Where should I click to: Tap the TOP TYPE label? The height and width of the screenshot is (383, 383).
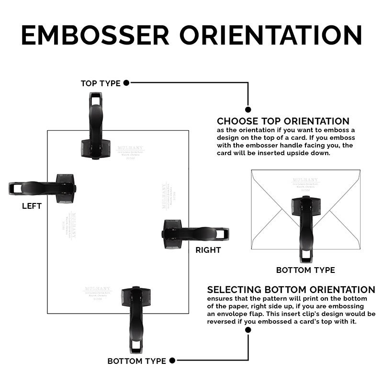click(x=101, y=83)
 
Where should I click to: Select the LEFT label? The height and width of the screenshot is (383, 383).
click(x=32, y=206)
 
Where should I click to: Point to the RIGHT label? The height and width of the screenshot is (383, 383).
click(x=208, y=250)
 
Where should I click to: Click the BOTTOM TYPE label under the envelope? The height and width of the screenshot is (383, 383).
click(x=305, y=270)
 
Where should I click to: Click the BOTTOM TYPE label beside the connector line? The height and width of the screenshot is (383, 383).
click(x=136, y=361)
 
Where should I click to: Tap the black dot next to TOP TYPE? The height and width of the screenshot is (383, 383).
click(x=126, y=83)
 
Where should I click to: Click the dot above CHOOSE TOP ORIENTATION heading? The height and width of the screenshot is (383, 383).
click(x=248, y=109)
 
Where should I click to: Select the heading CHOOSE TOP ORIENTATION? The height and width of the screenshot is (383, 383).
click(x=283, y=121)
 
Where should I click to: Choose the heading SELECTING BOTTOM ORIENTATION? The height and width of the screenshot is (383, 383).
click(x=291, y=290)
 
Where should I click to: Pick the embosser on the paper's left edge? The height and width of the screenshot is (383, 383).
click(x=43, y=188)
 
